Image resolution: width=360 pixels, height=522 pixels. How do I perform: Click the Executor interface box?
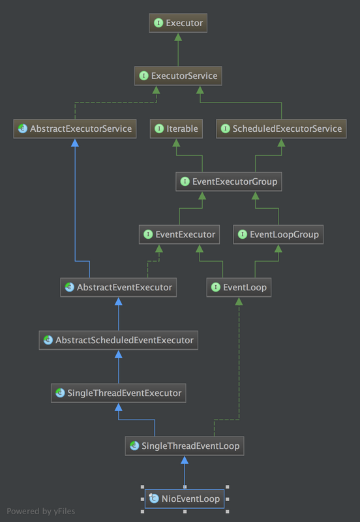(x=179, y=23)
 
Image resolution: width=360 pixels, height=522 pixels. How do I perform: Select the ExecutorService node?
(x=179, y=76)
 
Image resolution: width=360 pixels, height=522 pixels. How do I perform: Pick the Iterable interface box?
(x=176, y=129)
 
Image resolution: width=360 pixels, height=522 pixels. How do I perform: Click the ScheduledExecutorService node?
(x=280, y=129)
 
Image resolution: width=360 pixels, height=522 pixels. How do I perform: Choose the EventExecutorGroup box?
(x=228, y=181)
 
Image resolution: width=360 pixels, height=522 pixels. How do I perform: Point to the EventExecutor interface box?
(x=179, y=234)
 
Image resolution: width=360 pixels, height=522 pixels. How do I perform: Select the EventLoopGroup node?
(x=278, y=234)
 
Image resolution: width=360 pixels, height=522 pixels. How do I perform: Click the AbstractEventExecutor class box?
(x=118, y=287)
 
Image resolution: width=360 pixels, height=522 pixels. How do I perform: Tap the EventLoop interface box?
(x=239, y=287)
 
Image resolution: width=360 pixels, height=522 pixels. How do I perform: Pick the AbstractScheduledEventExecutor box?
(x=118, y=340)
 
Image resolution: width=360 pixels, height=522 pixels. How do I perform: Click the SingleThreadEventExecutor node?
(x=118, y=393)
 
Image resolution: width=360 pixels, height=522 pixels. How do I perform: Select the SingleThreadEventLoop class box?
(x=185, y=446)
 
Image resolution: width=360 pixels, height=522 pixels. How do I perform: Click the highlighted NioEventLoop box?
(x=185, y=499)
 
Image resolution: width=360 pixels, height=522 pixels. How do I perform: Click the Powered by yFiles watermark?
(x=40, y=511)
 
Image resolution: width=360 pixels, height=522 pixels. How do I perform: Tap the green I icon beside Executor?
(x=158, y=23)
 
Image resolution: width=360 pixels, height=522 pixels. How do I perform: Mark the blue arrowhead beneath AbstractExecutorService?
(x=74, y=143)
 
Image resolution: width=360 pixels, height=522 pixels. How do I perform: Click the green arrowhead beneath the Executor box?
(x=179, y=38)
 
